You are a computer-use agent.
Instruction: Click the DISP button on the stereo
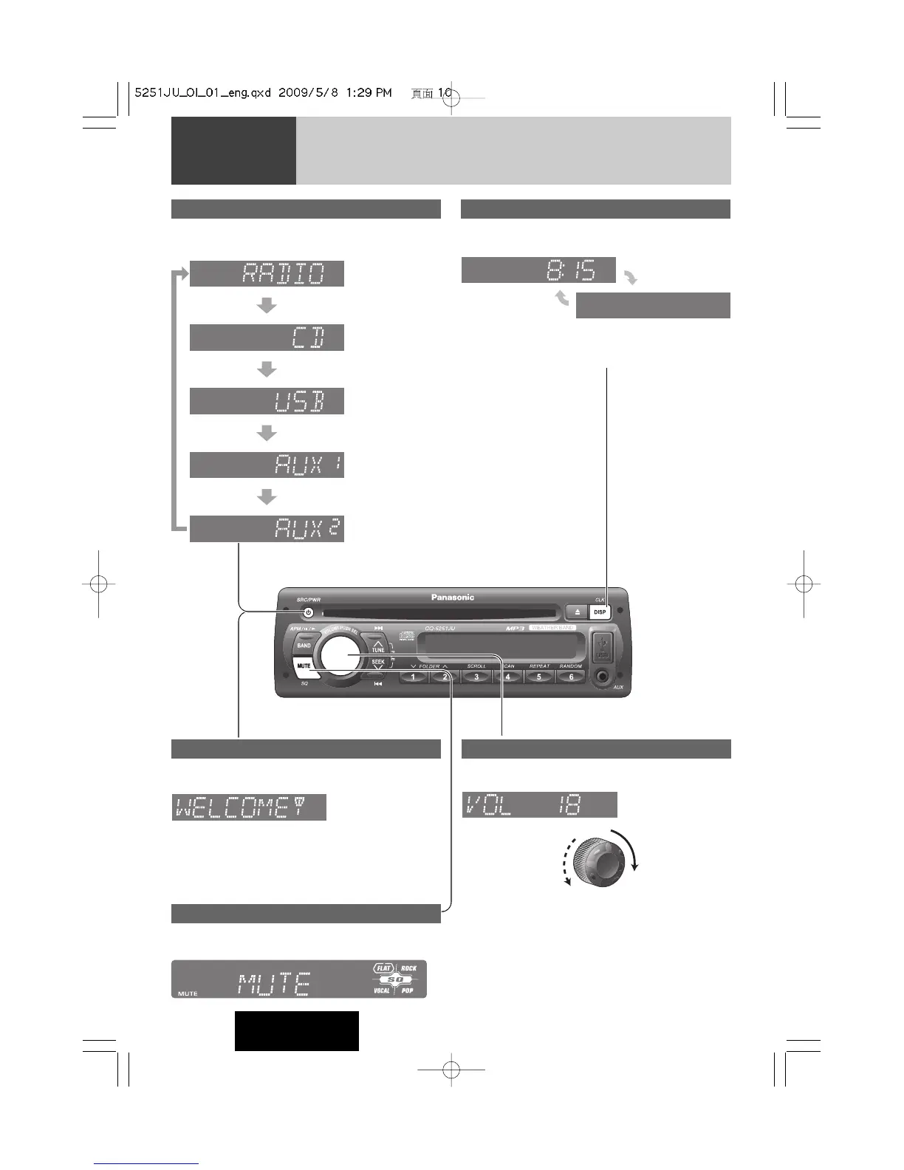[600, 612]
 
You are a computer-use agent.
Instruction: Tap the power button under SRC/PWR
[308, 612]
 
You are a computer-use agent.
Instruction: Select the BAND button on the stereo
[304, 646]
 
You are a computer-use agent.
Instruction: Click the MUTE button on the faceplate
[304, 666]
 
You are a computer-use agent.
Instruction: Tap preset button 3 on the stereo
[476, 677]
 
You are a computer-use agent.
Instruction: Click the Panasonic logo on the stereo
[453, 597]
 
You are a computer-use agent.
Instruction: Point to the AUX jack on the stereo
[604, 675]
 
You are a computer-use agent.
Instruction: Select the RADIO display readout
[284, 274]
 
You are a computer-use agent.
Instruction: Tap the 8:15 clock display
[570, 270]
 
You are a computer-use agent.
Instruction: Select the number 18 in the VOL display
[569, 805]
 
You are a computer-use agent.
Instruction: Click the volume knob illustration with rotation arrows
[601, 859]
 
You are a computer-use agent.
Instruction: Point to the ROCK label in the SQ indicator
[408, 968]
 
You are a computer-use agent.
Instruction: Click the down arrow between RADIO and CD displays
[267, 305]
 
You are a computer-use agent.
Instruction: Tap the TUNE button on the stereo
[377, 646]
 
